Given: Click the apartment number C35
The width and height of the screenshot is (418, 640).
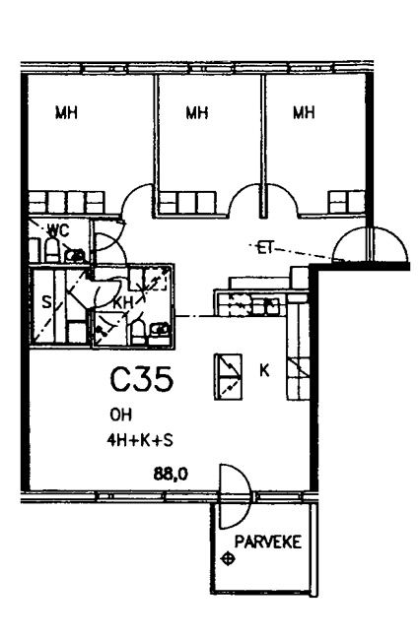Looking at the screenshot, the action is click(x=142, y=379).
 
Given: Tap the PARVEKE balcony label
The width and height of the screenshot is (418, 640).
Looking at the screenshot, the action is click(x=268, y=542).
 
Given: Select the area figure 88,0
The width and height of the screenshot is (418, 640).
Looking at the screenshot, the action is click(x=171, y=475).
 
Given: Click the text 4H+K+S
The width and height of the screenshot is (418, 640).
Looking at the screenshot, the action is click(x=140, y=440).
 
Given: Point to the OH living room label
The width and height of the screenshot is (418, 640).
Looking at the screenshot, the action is click(x=121, y=415).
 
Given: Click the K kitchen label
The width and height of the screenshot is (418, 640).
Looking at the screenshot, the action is click(x=265, y=370).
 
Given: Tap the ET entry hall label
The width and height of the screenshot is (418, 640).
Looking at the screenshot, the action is click(x=264, y=248).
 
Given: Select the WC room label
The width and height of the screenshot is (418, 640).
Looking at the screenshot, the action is click(x=58, y=230).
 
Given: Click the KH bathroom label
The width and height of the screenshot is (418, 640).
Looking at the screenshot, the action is click(x=123, y=303).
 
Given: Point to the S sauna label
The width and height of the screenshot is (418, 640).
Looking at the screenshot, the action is click(x=47, y=303).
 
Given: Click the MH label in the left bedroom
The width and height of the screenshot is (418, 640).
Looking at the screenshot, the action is click(x=67, y=112).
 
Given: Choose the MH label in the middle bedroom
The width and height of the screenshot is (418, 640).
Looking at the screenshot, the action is click(x=197, y=112).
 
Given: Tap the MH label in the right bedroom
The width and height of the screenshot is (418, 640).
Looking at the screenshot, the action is click(x=304, y=112).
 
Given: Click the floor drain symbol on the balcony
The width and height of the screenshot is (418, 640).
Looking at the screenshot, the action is click(x=227, y=559).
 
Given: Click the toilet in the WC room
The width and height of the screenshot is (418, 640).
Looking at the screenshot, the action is click(x=52, y=249).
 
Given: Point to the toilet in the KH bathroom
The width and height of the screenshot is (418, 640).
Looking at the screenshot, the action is click(x=138, y=332).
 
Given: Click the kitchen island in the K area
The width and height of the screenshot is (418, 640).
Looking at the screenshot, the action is click(x=228, y=376).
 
